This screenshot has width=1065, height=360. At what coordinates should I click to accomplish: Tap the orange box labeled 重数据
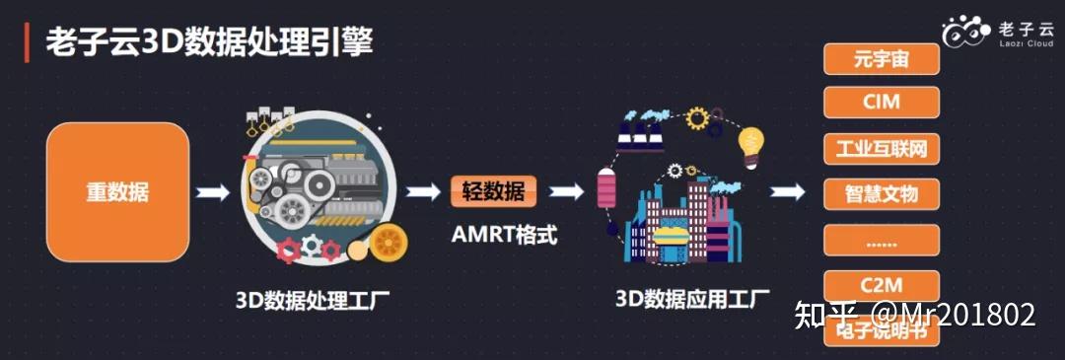(x=117, y=192)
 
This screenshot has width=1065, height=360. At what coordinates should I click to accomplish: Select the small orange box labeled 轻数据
(x=494, y=191)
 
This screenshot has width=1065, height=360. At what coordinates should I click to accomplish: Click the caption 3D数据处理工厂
(x=313, y=297)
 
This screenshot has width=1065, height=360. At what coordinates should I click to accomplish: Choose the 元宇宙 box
(x=881, y=59)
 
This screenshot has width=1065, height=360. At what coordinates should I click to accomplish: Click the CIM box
(x=881, y=103)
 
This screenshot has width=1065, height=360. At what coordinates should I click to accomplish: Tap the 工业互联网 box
(x=881, y=148)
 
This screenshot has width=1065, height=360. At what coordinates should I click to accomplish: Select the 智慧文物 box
(x=881, y=192)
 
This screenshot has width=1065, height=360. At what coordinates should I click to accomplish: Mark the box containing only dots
(x=881, y=240)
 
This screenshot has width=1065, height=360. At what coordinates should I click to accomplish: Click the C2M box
(x=881, y=286)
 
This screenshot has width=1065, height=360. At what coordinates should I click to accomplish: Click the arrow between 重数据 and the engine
(x=213, y=192)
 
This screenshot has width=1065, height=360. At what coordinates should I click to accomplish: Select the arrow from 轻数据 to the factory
(x=566, y=191)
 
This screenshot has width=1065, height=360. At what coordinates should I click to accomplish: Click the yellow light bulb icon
(x=752, y=145)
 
